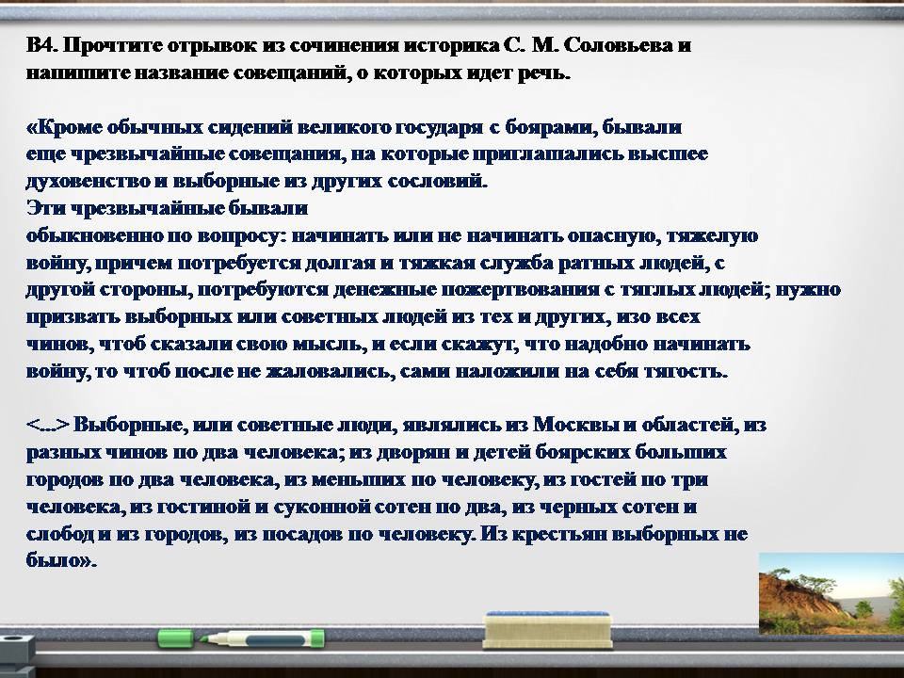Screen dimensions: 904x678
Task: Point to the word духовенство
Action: click(87, 182)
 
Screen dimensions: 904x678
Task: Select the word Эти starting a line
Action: click(45, 208)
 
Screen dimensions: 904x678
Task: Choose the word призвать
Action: click(73, 317)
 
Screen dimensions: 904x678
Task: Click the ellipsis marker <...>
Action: click(48, 426)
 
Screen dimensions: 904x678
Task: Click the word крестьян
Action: click(558, 535)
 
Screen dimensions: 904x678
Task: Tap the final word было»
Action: click(61, 560)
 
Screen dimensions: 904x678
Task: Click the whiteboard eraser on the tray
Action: click(547, 630)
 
